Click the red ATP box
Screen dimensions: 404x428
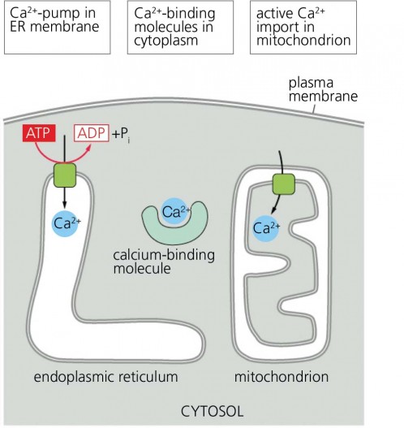(x=39, y=133)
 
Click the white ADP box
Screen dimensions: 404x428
(x=92, y=133)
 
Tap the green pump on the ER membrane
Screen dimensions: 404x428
(x=65, y=175)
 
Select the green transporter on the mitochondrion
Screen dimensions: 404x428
(x=284, y=184)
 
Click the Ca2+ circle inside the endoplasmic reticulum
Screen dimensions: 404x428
(x=66, y=223)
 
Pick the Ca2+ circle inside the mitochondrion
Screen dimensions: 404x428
(x=265, y=228)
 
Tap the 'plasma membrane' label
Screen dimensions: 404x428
(x=323, y=89)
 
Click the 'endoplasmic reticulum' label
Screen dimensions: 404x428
(x=105, y=377)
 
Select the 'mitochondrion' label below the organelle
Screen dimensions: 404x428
(x=282, y=377)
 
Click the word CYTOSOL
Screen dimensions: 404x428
(x=212, y=411)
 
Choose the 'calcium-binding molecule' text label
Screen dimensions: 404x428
(x=164, y=262)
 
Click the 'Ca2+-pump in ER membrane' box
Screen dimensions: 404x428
(x=58, y=28)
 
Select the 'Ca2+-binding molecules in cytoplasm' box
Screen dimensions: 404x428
(x=180, y=28)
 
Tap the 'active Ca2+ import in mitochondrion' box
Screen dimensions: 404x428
(x=303, y=28)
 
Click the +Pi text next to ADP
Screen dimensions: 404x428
(x=121, y=135)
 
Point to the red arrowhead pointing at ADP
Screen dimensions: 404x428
(x=89, y=147)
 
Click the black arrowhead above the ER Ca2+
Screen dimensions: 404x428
(x=64, y=205)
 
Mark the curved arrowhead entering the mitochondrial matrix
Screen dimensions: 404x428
(x=273, y=211)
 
